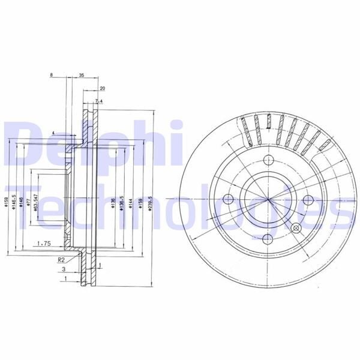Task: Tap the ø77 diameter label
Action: (x=28, y=204)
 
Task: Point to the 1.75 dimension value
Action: (x=43, y=243)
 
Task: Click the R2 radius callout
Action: (x=61, y=260)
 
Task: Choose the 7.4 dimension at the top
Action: (x=99, y=101)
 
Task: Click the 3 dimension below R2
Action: (x=64, y=271)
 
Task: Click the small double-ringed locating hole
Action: (x=295, y=228)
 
